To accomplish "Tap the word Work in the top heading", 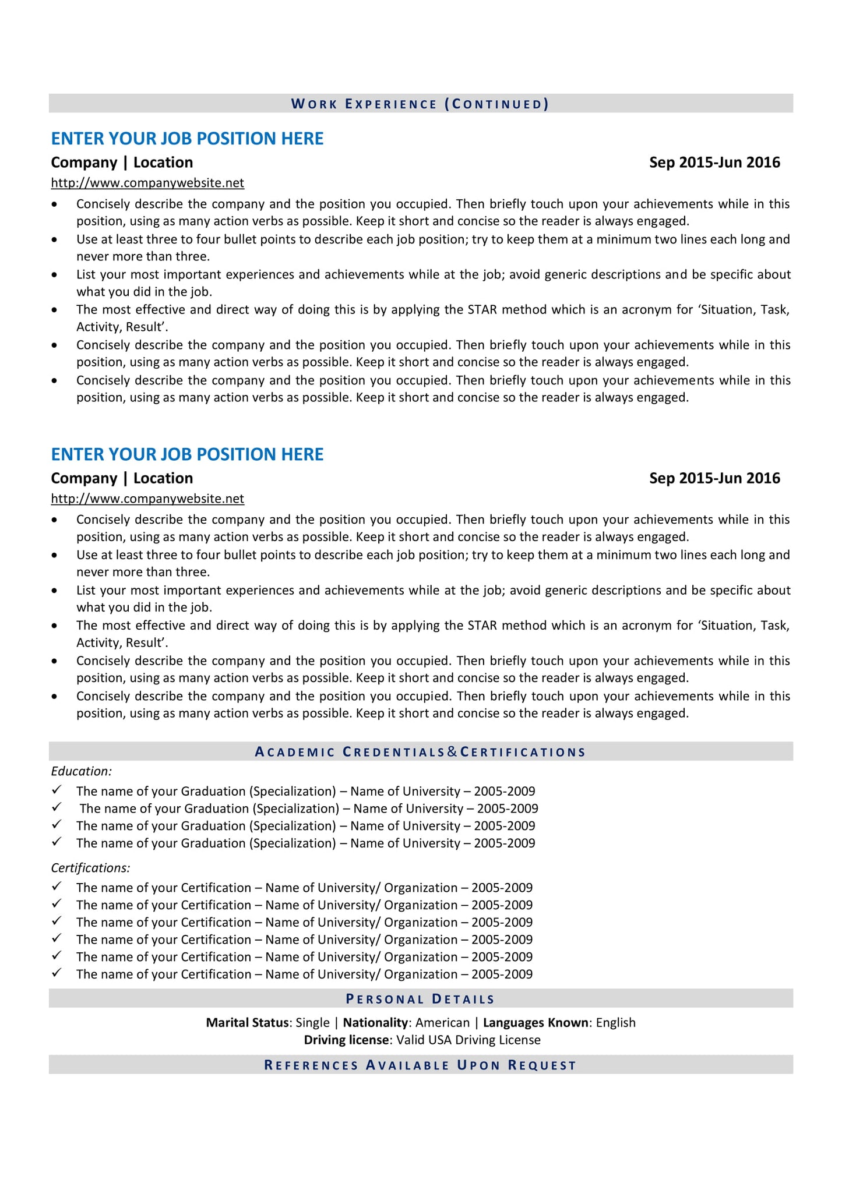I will tap(314, 104).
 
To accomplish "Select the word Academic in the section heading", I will tap(295, 752).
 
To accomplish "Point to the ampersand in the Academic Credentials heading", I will tap(453, 752).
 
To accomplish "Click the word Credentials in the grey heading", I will tap(394, 752).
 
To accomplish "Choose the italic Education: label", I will tap(81, 771).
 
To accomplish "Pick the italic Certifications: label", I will tap(90, 868).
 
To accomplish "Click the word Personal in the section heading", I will tap(385, 999).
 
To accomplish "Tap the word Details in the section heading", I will tap(463, 999).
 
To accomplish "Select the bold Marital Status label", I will tap(247, 1023).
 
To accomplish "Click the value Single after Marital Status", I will tap(312, 1023).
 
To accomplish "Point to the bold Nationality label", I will tap(375, 1023).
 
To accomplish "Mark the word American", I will tap(442, 1023).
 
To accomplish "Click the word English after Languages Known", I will tap(615, 1023).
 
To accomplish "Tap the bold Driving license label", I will tap(346, 1040).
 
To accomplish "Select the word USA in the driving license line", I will tap(440, 1040).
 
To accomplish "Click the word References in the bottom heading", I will tap(311, 1065).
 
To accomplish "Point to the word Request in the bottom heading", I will tap(542, 1065).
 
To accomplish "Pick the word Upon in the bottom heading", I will tap(478, 1065).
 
